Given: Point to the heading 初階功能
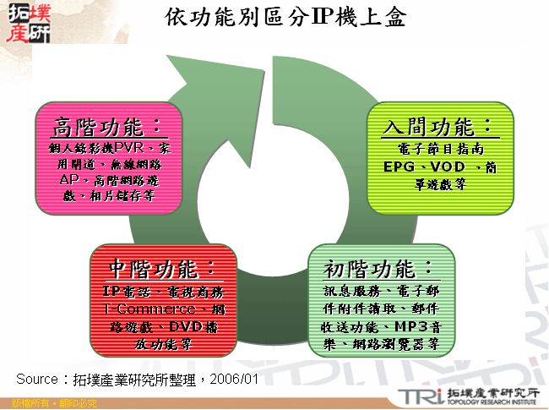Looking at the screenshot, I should point(379,269).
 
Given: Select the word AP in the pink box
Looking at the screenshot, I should point(69,180).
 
